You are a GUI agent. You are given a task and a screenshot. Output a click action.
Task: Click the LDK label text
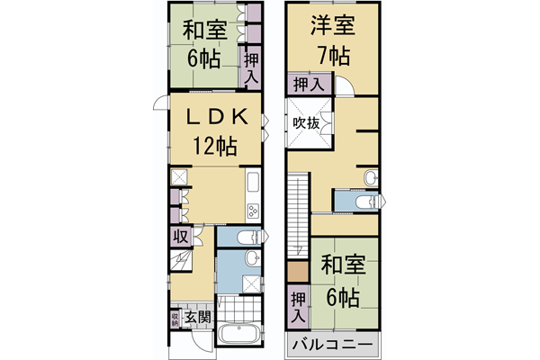coord(212,118)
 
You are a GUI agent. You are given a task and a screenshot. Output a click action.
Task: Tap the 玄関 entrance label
coord(198,318)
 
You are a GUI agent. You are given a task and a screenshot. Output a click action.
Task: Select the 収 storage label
coord(179,236)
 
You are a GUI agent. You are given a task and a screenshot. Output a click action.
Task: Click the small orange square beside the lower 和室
coord(296,271)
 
